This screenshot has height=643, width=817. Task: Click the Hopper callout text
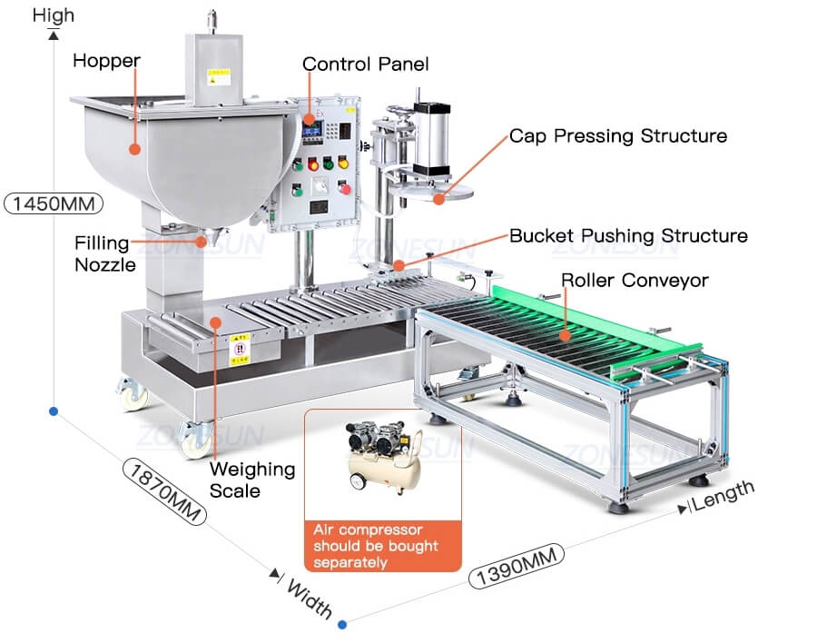pos(106,61)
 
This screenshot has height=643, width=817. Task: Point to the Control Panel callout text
pos(365,64)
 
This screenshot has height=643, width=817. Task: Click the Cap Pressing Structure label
pos(617,136)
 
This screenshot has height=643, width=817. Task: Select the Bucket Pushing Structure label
pos(628,236)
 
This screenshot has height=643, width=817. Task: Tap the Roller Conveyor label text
pos(634,281)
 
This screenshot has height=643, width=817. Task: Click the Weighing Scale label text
pos(252,480)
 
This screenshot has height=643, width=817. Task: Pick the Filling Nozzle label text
pos(105,254)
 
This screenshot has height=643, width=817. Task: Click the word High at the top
pos(54,15)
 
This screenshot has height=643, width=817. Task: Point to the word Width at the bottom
pos(310,598)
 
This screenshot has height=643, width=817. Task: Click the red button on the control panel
pos(344,189)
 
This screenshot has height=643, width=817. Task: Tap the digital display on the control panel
pos(315,133)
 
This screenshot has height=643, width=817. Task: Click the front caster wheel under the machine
pos(194,439)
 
